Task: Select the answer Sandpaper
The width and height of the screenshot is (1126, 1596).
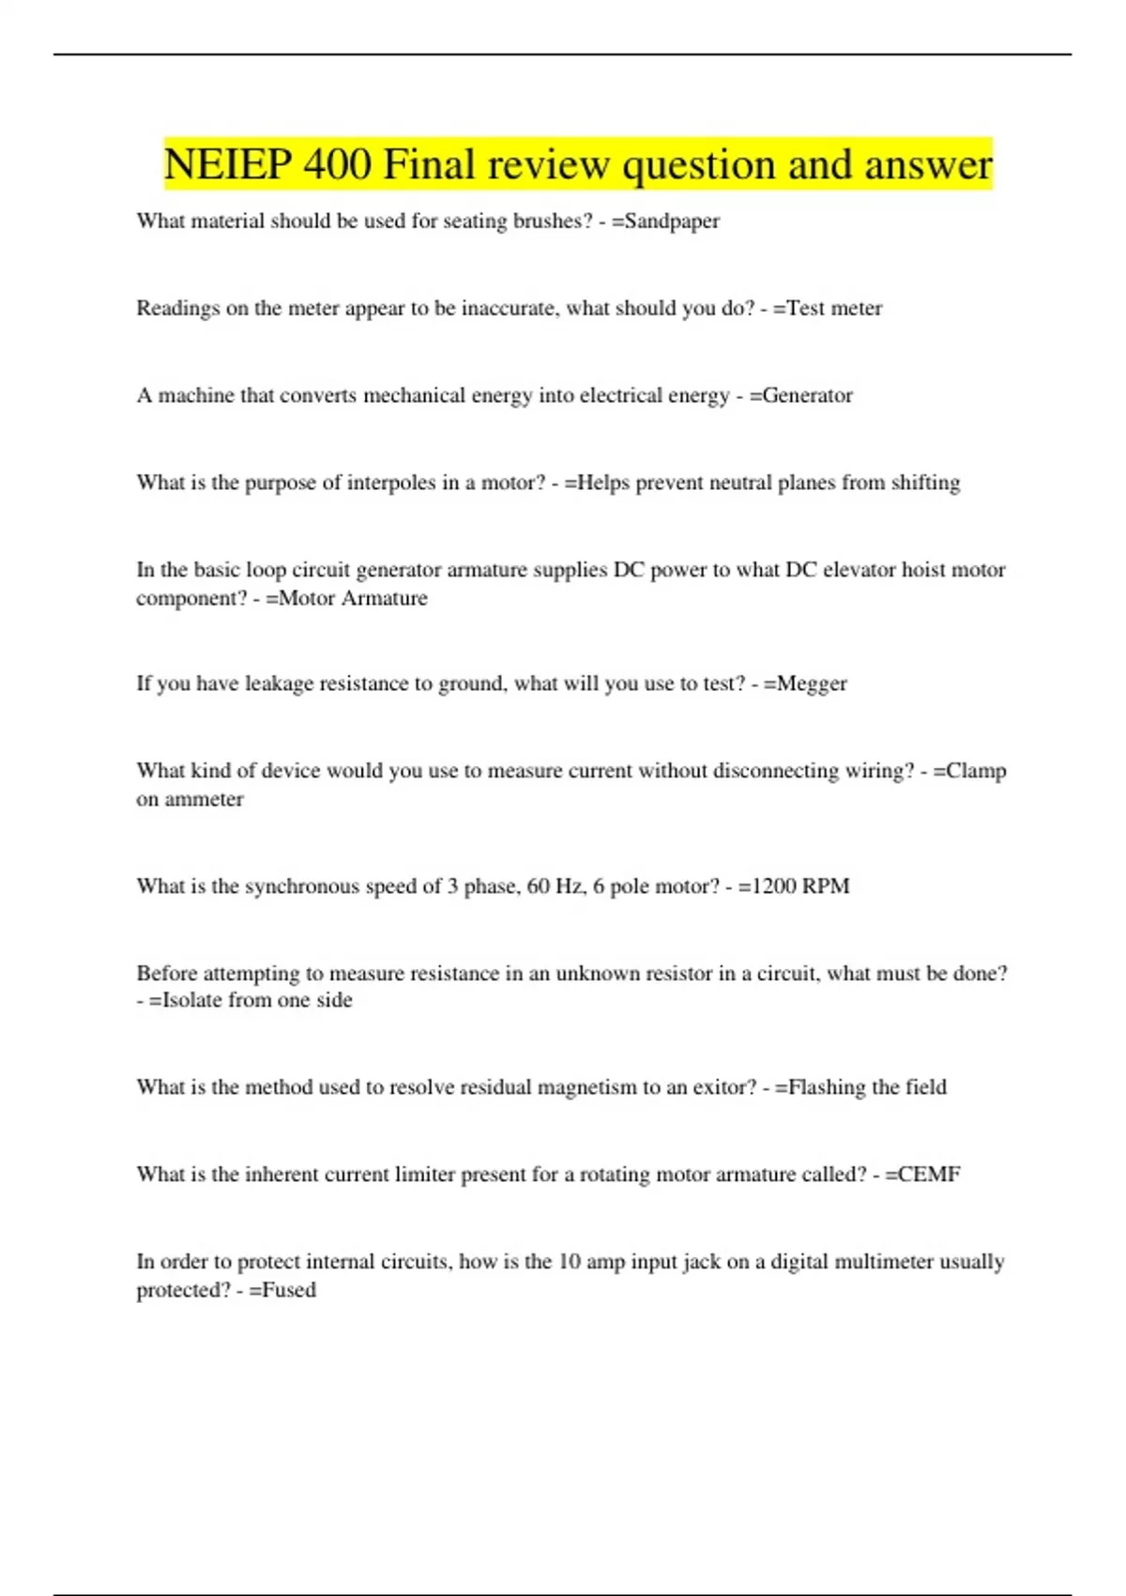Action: [672, 222]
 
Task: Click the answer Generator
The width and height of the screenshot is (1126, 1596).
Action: [807, 395]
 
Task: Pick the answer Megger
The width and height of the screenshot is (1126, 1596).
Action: [811, 683]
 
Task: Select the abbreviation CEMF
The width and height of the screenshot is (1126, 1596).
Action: [929, 1174]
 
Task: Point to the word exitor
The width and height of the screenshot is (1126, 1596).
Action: [723, 1087]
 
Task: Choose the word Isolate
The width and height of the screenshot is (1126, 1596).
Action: [192, 1001]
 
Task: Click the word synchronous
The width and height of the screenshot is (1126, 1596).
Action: [301, 886]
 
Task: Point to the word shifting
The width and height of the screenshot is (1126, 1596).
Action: [925, 483]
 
